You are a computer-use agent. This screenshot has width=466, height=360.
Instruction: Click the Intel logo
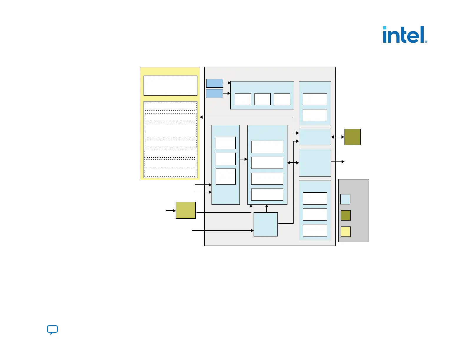point(404,35)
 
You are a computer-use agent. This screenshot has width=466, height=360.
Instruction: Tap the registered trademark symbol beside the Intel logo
point(426,42)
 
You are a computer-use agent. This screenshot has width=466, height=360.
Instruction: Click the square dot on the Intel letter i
point(385,28)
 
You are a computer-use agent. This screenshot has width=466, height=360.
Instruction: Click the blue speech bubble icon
point(52,330)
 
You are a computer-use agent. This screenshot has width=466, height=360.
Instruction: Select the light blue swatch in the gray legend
point(345,199)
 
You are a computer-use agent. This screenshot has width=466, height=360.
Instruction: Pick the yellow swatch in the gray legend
point(346,231)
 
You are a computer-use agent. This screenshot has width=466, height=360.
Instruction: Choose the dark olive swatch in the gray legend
point(346,215)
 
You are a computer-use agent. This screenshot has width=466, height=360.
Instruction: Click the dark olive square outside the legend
point(352,137)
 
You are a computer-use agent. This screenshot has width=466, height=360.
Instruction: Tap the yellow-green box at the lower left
point(186,210)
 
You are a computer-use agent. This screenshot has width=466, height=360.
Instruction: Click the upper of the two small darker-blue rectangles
point(214,83)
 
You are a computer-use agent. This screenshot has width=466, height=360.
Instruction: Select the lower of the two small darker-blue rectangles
point(214,94)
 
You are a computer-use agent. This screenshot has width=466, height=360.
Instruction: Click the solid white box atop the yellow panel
point(170,86)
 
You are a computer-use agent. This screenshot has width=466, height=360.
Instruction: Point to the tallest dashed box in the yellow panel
point(171,130)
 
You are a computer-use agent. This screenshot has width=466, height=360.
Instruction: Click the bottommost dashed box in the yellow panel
point(170,173)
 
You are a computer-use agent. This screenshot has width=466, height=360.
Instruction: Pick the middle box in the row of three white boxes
point(262,99)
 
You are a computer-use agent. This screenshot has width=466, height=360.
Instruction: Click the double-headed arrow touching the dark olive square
point(338,137)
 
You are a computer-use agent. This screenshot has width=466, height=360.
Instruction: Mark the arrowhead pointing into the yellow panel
point(202,117)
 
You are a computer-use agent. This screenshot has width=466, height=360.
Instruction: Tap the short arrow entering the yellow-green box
point(171,211)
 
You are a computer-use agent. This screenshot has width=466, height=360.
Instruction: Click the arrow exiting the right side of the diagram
point(338,162)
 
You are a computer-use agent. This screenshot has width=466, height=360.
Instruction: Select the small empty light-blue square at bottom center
point(266,224)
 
